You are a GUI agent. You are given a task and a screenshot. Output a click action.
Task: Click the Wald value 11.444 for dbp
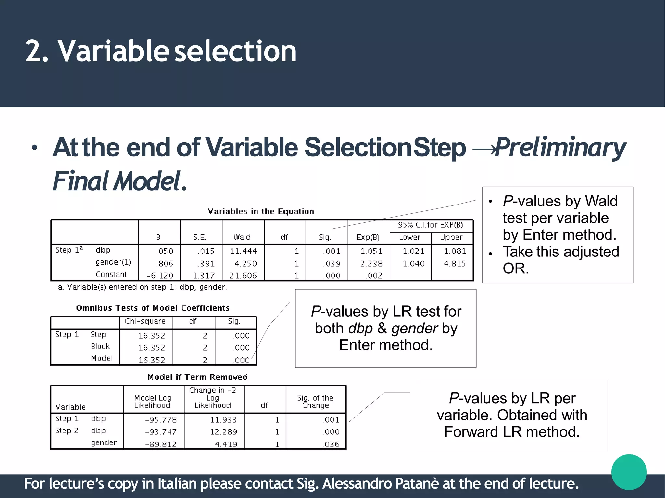pyautogui.click(x=243, y=251)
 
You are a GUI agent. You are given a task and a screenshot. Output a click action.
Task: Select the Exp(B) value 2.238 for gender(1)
pyautogui.click(x=371, y=263)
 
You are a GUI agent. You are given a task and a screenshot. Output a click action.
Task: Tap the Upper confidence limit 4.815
pyautogui.click(x=455, y=263)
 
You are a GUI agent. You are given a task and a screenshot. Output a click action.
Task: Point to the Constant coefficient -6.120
pyautogui.click(x=160, y=275)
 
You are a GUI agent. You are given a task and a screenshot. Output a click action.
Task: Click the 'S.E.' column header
pyautogui.click(x=199, y=237)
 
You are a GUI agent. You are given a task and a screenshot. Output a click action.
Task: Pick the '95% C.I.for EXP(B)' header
pyautogui.click(x=431, y=225)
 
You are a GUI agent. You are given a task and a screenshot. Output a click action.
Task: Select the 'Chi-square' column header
pyautogui.click(x=145, y=321)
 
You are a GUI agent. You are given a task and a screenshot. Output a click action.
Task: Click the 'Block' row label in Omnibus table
pyautogui.click(x=100, y=346)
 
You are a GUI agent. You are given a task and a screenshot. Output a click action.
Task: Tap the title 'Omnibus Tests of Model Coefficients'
pyautogui.click(x=153, y=308)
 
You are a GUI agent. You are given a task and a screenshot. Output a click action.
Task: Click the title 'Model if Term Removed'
pyautogui.click(x=197, y=377)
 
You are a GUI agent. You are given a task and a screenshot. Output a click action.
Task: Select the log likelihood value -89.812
pyautogui.click(x=160, y=444)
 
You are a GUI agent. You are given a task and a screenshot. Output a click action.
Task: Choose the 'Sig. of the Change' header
pyautogui.click(x=315, y=402)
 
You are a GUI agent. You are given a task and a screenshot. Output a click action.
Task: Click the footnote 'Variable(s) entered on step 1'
pyautogui.click(x=142, y=287)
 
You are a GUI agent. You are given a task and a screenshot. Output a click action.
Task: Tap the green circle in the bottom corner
pyautogui.click(x=629, y=472)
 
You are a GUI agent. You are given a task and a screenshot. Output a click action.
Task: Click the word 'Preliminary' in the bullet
pyautogui.click(x=560, y=147)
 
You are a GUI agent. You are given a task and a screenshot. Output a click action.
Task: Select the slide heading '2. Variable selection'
pyautogui.click(x=161, y=51)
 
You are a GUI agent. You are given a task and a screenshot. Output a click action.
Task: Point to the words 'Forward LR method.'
pyautogui.click(x=512, y=432)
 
